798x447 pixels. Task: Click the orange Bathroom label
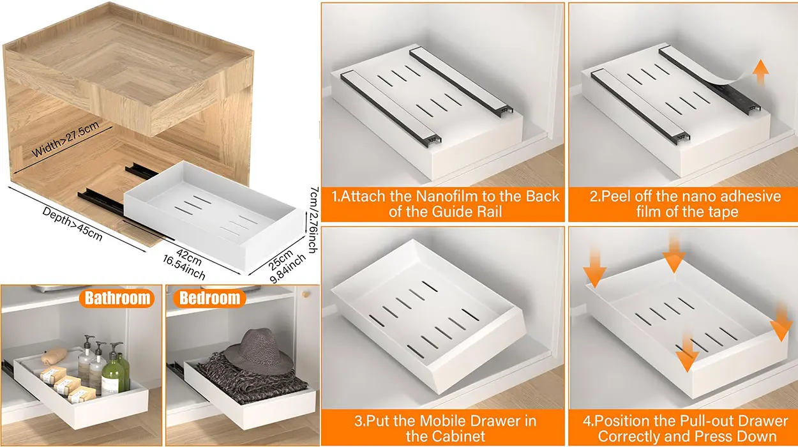(x=117, y=298)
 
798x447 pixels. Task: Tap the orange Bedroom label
(x=209, y=298)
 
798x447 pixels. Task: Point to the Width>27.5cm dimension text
(x=66, y=139)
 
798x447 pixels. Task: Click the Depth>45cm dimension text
(x=72, y=224)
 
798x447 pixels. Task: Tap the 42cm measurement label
(x=189, y=257)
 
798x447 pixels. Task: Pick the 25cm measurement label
(x=281, y=259)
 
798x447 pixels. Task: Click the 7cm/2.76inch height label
(x=313, y=220)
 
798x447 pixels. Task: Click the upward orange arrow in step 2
(x=760, y=72)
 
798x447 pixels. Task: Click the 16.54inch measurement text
(x=184, y=268)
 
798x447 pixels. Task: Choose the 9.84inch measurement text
(x=288, y=268)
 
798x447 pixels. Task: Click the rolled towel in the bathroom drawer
(x=54, y=355)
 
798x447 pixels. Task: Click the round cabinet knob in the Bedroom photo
(x=305, y=294)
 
